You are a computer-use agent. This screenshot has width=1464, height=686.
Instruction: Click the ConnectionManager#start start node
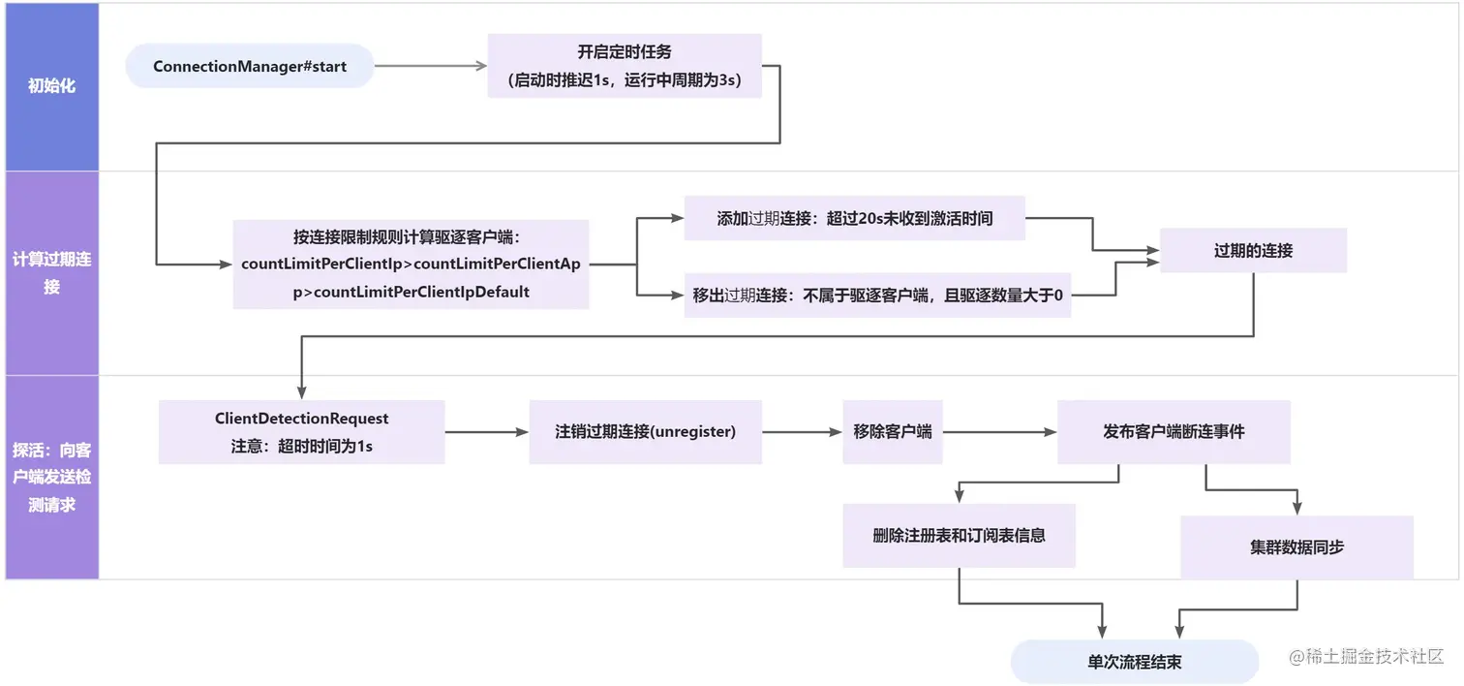point(250,67)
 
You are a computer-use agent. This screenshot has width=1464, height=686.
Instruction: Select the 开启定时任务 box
point(625,67)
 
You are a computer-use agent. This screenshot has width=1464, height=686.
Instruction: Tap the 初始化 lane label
point(51,86)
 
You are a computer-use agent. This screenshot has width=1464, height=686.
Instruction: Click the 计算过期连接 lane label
point(51,272)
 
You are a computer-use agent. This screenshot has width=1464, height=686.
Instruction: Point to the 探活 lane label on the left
point(51,477)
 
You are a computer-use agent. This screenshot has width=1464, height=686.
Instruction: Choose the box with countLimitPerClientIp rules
point(411,264)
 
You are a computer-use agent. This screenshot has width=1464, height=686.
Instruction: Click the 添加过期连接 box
point(854,219)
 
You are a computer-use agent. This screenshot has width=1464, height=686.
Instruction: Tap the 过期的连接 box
point(1253,250)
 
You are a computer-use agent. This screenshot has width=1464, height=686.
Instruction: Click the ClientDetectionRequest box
point(301,432)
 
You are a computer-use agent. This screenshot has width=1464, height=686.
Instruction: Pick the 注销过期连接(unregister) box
point(645,432)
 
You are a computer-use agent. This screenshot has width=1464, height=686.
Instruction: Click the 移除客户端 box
point(893,432)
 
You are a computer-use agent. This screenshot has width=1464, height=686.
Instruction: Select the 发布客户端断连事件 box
point(1174,432)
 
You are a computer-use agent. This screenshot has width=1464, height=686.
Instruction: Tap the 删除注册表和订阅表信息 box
point(959,535)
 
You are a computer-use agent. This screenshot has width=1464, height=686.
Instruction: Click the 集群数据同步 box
point(1296,546)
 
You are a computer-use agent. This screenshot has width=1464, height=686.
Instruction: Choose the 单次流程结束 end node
point(1134,663)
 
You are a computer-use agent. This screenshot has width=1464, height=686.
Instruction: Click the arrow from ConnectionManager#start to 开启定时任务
point(430,67)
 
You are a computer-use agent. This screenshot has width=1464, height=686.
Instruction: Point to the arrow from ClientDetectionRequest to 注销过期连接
point(486,432)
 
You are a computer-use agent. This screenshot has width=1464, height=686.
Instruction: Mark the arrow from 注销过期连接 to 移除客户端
point(802,432)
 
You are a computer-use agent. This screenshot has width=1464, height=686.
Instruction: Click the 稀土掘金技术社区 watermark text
point(1366,656)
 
